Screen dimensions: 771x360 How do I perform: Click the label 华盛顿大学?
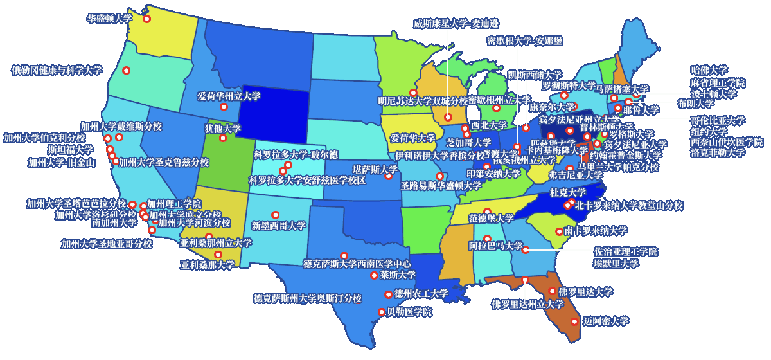click(109, 19)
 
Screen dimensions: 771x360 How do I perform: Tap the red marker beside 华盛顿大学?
click(146, 19)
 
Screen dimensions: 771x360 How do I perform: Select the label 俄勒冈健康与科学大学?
click(57, 70)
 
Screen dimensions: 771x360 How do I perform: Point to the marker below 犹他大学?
click(223, 138)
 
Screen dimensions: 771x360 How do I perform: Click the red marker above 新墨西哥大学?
click(275, 215)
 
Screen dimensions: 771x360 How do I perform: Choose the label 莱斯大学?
click(398, 275)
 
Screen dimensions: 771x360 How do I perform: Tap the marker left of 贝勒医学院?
click(381, 312)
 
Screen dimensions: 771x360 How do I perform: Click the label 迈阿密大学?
click(606, 321)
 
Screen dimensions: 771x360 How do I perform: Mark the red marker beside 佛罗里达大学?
click(552, 291)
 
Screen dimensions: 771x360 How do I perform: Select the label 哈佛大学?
click(709, 70)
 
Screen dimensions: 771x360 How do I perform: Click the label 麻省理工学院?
click(718, 82)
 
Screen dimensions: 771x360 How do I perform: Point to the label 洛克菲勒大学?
click(718, 153)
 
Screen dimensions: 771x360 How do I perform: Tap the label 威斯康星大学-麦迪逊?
click(456, 24)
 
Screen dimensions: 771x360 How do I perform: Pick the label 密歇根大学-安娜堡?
click(524, 41)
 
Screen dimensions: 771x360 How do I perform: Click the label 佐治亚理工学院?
click(625, 251)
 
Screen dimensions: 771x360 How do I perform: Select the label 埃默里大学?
click(616, 263)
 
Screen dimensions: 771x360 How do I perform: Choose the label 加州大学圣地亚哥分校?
click(107, 244)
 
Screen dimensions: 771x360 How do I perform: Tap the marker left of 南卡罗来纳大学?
click(559, 231)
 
